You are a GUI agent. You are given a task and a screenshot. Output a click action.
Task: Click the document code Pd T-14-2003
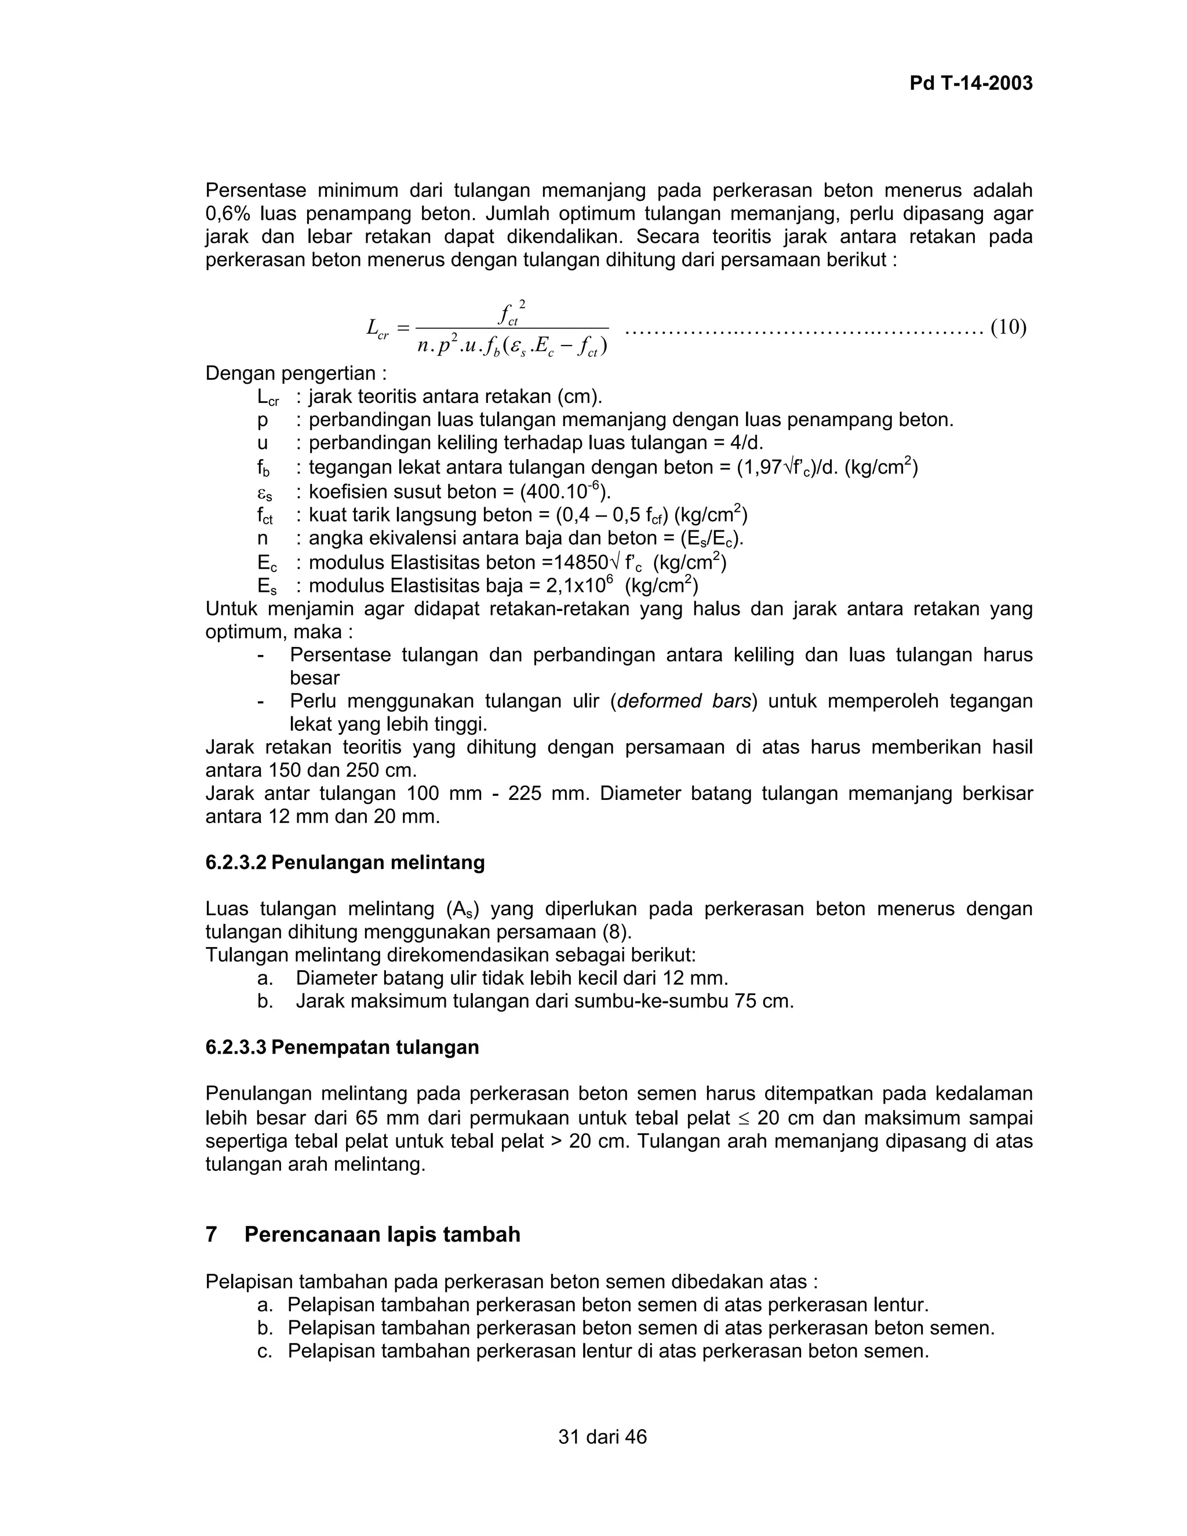point(971,83)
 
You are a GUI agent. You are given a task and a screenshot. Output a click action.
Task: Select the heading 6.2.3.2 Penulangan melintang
point(345,862)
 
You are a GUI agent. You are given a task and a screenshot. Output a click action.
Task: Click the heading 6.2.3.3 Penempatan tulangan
point(342,1047)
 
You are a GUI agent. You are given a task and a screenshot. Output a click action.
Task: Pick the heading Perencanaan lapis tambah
point(382,1234)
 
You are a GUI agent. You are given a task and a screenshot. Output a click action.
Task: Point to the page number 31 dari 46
point(602,1436)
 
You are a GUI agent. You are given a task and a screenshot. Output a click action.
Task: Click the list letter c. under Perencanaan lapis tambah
point(264,1351)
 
